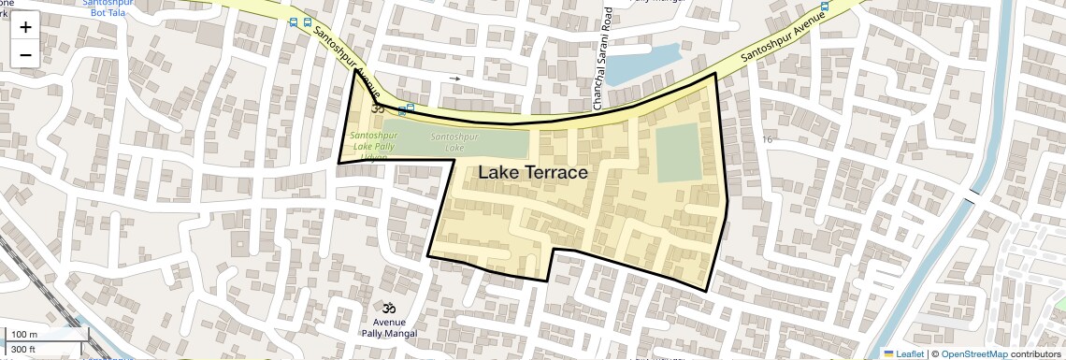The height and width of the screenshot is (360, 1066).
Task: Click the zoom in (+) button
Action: coord(25,27)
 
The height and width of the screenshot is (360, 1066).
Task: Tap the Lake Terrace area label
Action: coord(532,173)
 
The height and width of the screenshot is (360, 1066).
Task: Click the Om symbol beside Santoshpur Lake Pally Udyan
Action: coord(379,108)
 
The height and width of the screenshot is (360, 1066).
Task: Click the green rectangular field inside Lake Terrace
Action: coord(677,152)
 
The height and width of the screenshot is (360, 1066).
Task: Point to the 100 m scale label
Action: coord(23,335)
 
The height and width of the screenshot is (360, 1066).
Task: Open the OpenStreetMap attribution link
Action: coord(973,353)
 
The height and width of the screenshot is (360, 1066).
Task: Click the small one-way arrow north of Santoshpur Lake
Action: coord(455,79)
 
